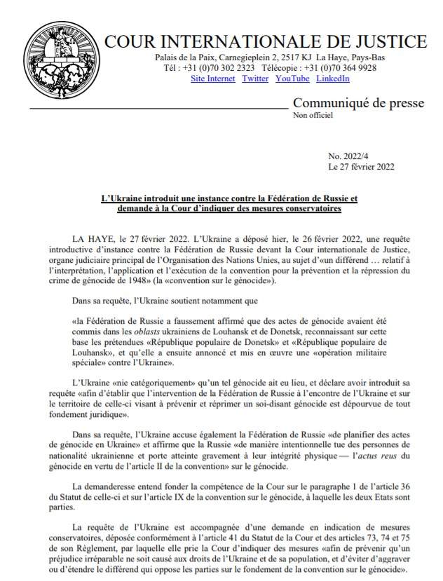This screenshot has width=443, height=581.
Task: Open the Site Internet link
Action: click(x=213, y=78)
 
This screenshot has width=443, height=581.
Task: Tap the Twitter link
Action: click(x=255, y=78)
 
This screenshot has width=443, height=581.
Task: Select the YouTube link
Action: click(x=292, y=78)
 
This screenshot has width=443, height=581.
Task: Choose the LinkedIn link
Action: click(x=333, y=78)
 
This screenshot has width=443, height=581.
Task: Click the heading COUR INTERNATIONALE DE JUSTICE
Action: click(x=265, y=41)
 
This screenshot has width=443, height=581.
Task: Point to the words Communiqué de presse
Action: click(x=357, y=104)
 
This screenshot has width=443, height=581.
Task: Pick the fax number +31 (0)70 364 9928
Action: click(x=343, y=68)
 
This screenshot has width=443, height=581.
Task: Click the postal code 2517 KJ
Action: click(x=301, y=57)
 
